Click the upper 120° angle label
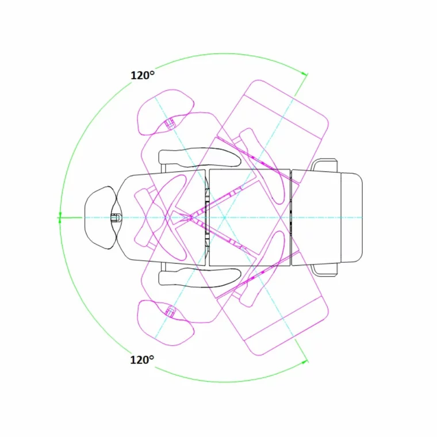[143, 75]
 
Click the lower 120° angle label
[142, 360]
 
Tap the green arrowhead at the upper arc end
[305, 74]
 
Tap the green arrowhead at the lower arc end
[305, 362]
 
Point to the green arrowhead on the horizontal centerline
[60, 217]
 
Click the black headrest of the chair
[100, 217]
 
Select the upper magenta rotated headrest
[166, 112]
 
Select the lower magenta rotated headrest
[166, 323]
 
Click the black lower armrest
[200, 277]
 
